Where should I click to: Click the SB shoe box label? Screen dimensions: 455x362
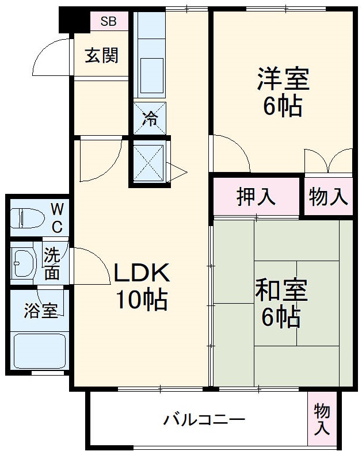(108, 22)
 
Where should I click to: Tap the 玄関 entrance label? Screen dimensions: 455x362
(102, 56)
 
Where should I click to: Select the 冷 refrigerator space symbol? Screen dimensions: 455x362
(150, 118)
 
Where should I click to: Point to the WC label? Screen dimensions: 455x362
(57, 217)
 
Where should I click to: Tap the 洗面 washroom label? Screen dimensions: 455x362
(52, 264)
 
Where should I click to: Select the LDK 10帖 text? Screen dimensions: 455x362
(141, 286)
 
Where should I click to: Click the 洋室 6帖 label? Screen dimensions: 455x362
(283, 92)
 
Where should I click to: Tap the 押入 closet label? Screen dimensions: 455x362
(256, 197)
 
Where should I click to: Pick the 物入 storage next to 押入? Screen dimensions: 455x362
(329, 197)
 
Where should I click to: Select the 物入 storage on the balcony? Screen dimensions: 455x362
(322, 419)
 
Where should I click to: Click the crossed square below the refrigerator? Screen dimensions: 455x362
(148, 163)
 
